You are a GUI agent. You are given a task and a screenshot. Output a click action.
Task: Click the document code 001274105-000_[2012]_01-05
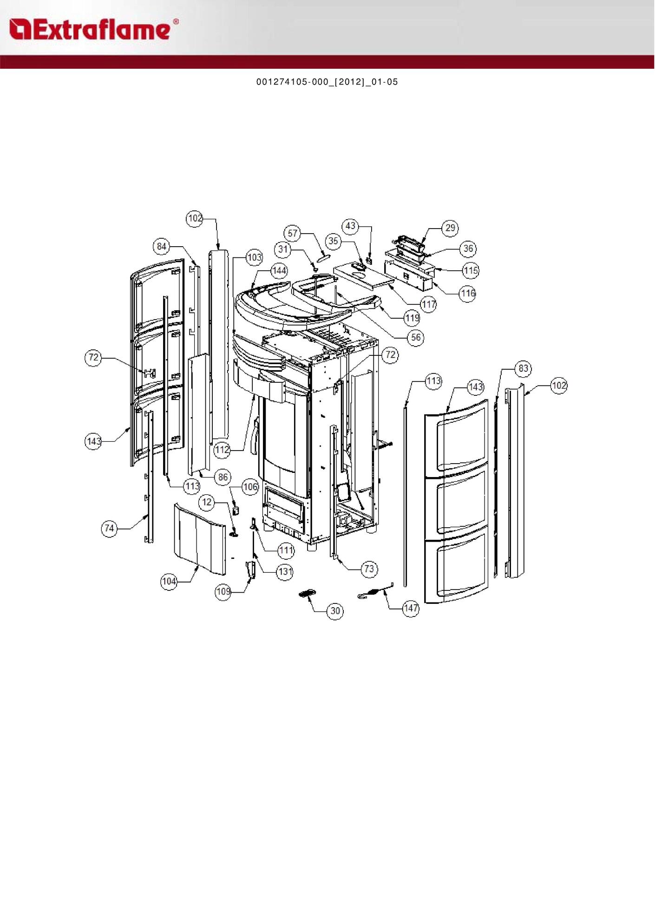pyautogui.click(x=327, y=82)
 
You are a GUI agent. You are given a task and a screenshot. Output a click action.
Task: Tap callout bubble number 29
pyautogui.click(x=450, y=228)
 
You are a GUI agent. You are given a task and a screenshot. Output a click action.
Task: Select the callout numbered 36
pyautogui.click(x=468, y=249)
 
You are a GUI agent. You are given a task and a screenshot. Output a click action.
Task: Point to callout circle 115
pyautogui.click(x=471, y=270)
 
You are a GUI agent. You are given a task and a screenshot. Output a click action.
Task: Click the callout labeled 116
pyautogui.click(x=467, y=293)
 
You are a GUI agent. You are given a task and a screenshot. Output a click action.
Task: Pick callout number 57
pyautogui.click(x=293, y=233)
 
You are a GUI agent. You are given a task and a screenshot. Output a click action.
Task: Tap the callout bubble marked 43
pyautogui.click(x=351, y=226)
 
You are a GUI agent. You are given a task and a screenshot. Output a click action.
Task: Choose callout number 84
pyautogui.click(x=162, y=246)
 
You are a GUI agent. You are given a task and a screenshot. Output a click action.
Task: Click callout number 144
pyautogui.click(x=279, y=270)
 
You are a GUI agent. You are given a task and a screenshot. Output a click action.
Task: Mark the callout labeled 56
pyautogui.click(x=416, y=337)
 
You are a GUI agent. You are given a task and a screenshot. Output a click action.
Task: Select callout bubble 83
pyautogui.click(x=524, y=368)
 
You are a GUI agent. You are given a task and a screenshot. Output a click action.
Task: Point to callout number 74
pyautogui.click(x=110, y=528)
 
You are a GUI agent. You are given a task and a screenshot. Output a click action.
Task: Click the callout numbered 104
pyautogui.click(x=169, y=581)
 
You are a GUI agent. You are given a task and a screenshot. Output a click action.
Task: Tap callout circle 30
pyautogui.click(x=335, y=611)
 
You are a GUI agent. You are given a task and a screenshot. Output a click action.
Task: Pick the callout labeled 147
pyautogui.click(x=411, y=608)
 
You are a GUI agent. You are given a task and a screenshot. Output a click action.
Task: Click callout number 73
pyautogui.click(x=369, y=569)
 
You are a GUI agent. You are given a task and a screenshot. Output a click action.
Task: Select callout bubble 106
pyautogui.click(x=250, y=487)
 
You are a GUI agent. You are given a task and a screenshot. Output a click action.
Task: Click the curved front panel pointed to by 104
pyautogui.click(x=200, y=539)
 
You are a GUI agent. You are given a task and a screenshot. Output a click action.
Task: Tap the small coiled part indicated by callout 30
pyautogui.click(x=307, y=594)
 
